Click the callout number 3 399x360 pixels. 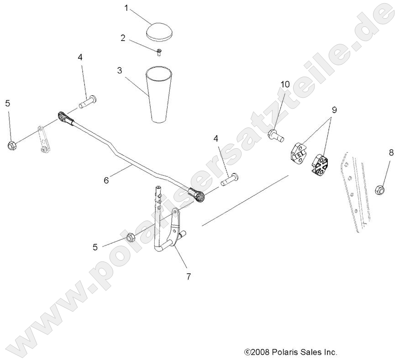[x=119, y=71]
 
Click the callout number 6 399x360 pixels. [x=106, y=180]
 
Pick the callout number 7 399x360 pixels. [x=188, y=276]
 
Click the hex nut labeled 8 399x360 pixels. [x=380, y=188]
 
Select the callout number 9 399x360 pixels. [x=335, y=110]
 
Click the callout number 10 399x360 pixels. [x=285, y=84]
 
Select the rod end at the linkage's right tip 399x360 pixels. [x=186, y=195]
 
